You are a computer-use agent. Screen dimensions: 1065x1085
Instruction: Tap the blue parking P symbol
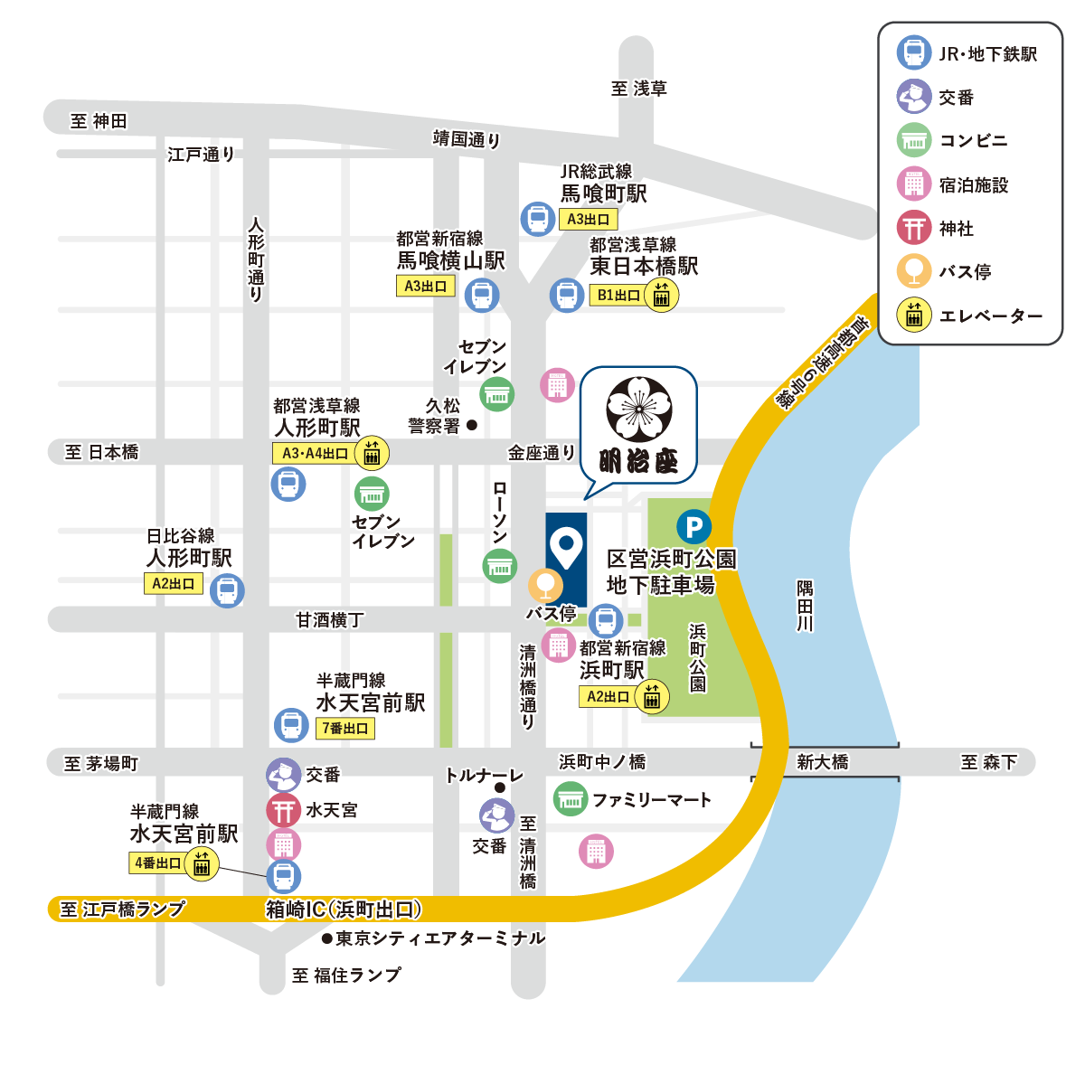[693, 527]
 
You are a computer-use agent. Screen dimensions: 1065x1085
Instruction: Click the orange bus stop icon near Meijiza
[545, 586]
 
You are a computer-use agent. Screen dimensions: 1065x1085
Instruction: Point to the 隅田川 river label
[805, 605]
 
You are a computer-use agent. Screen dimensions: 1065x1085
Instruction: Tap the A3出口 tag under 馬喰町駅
[589, 219]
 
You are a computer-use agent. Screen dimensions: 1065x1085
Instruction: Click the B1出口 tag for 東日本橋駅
[618, 295]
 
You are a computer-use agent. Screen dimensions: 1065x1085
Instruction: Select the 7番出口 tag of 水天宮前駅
[344, 728]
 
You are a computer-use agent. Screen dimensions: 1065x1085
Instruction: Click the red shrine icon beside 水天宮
[283, 810]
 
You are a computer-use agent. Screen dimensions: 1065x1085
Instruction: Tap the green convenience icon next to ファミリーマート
[570, 799]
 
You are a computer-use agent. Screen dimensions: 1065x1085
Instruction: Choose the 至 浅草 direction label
[638, 89]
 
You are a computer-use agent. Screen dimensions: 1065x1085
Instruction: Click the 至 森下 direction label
[988, 762]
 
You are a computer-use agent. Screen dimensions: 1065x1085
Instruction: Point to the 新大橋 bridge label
[823, 762]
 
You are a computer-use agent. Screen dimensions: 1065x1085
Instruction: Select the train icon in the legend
[914, 52]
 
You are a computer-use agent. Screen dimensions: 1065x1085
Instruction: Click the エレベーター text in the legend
[991, 316]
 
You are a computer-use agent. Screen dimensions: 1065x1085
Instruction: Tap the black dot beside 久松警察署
[472, 424]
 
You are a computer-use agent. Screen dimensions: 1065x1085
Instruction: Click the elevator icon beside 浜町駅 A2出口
[652, 697]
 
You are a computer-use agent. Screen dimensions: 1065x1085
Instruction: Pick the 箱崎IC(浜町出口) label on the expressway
[344, 909]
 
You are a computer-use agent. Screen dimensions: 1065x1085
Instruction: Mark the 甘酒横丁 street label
[329, 619]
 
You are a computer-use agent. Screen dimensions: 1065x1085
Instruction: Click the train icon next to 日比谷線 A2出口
[227, 590]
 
